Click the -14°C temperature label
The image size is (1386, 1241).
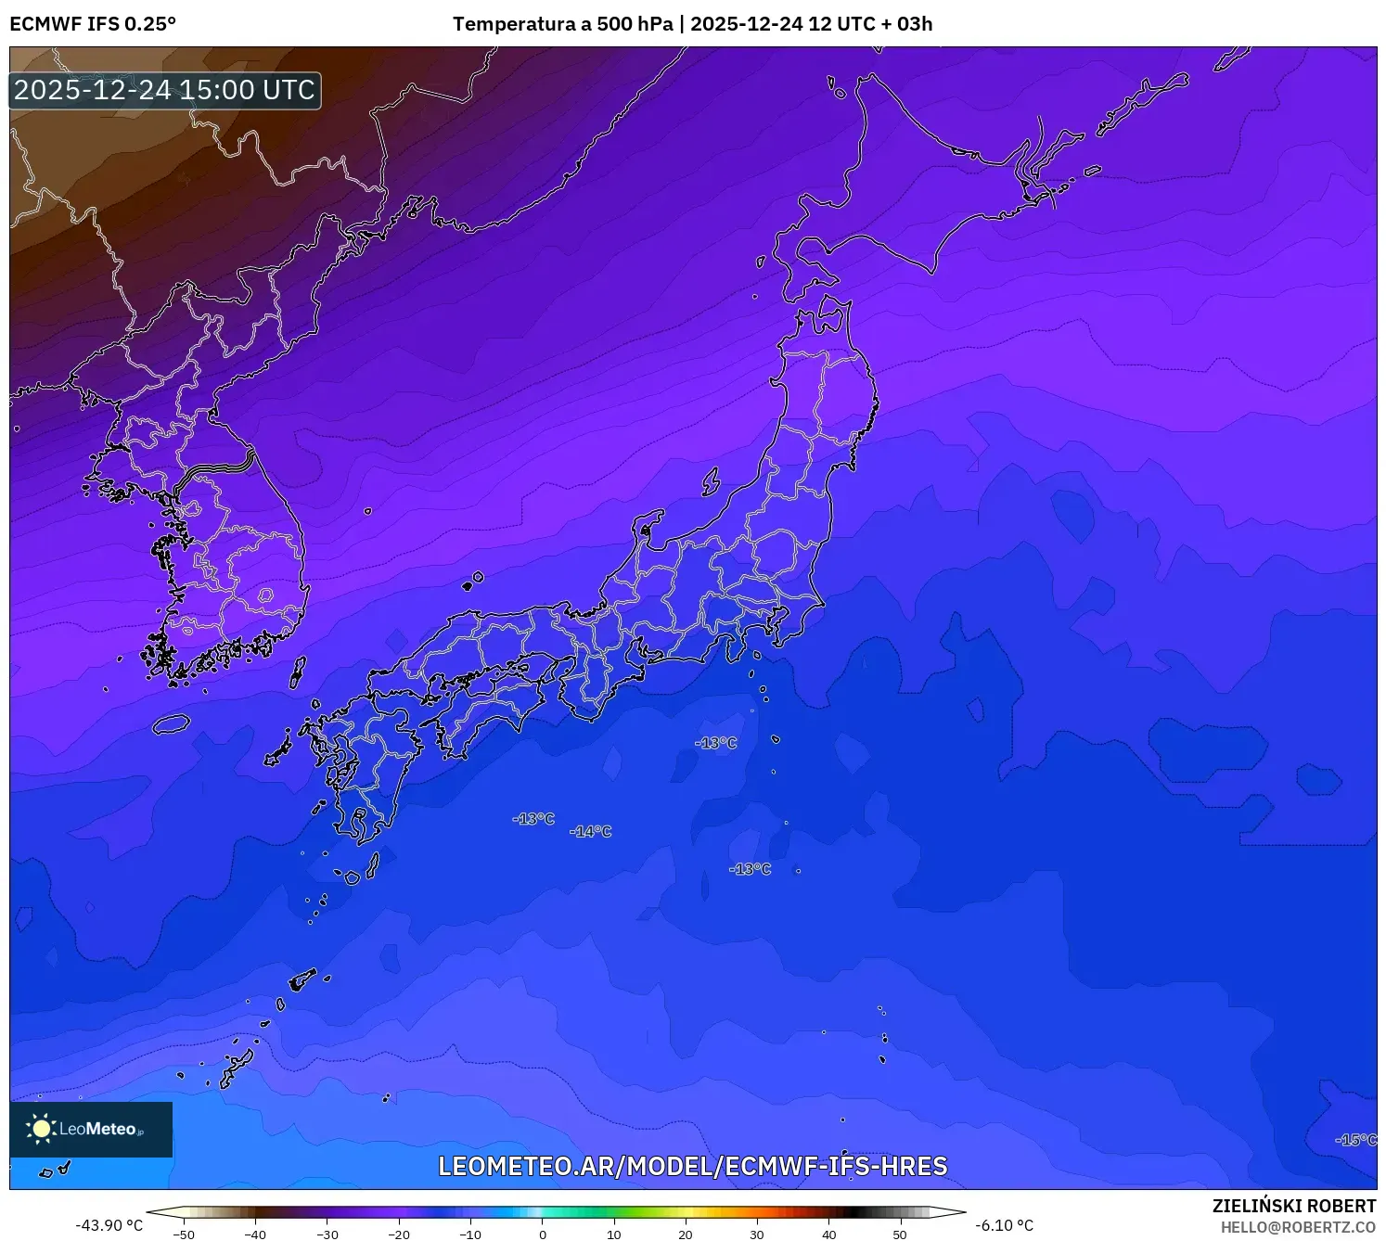point(591,832)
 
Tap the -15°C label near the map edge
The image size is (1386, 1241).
point(1355,1140)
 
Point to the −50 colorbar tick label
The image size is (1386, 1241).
point(184,1235)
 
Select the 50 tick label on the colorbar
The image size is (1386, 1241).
point(900,1235)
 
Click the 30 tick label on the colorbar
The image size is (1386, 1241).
point(757,1235)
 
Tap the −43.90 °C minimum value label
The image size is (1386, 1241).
point(109,1225)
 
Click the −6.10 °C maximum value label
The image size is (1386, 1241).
point(1004,1225)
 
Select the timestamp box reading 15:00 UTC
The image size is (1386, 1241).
point(165,90)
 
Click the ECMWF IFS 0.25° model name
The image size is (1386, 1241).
point(93,24)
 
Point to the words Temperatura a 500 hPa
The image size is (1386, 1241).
point(562,24)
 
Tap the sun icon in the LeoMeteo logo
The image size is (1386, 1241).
point(41,1129)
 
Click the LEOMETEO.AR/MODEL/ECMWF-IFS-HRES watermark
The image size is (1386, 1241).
point(692,1166)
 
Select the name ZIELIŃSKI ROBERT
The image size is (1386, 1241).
point(1293,1206)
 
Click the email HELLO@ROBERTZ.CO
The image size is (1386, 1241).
point(1298,1227)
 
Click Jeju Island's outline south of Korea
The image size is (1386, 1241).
point(171,723)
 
